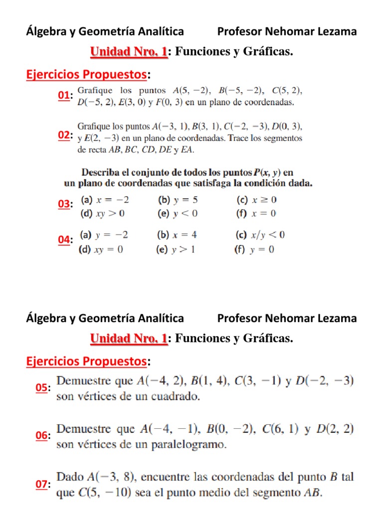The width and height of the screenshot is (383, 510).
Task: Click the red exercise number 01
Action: (64, 96)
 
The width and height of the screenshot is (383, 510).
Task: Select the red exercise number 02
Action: (64, 136)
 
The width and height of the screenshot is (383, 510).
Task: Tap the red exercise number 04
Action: (64, 240)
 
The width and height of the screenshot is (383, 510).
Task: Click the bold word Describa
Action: (102, 173)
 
